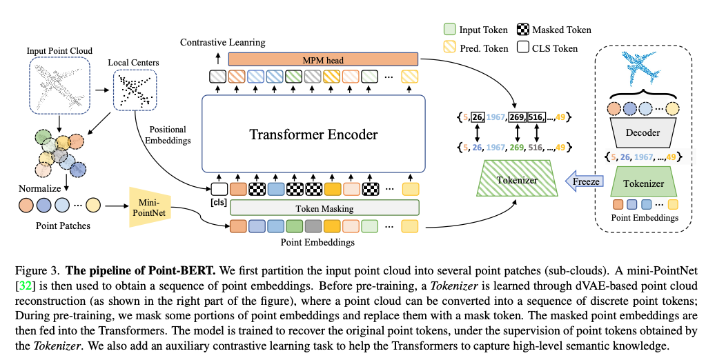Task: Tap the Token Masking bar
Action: (x=324, y=207)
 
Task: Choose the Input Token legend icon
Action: (x=449, y=30)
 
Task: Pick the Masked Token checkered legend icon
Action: (x=526, y=30)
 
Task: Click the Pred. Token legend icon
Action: (x=449, y=48)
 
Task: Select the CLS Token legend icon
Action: (x=526, y=48)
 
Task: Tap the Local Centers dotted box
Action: (x=133, y=90)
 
